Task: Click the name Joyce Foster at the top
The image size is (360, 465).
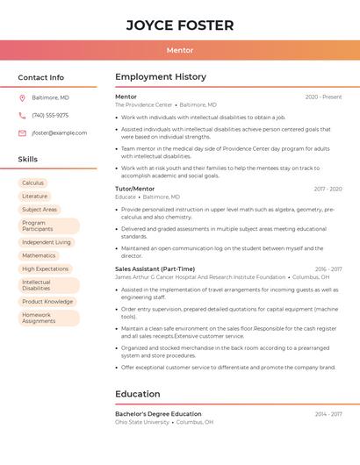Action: (x=180, y=25)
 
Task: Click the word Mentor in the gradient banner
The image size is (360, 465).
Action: (x=180, y=50)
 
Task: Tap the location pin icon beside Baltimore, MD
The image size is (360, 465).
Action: (x=22, y=97)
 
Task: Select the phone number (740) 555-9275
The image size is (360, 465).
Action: (x=50, y=115)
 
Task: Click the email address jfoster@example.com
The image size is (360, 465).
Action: (x=59, y=132)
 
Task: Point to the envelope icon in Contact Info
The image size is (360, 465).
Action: (x=22, y=132)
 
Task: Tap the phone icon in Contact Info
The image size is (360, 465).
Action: (x=22, y=115)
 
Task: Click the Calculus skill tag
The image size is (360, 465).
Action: (x=33, y=182)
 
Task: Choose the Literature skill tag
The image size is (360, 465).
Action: (x=35, y=196)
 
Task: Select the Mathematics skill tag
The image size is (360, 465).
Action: (x=39, y=255)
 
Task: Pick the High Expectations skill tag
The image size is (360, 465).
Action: (x=45, y=268)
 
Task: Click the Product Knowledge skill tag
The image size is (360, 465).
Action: (x=47, y=302)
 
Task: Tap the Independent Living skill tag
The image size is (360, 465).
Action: (x=47, y=242)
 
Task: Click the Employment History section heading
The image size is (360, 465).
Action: (x=160, y=77)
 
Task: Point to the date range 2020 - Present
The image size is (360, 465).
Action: (x=323, y=97)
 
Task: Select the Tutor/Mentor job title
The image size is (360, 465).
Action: (x=134, y=189)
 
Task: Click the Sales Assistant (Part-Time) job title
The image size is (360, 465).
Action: (x=155, y=268)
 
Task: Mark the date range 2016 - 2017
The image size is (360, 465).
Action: (x=328, y=268)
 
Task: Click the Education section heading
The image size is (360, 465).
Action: (x=137, y=394)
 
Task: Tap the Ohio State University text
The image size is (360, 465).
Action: (x=141, y=422)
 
